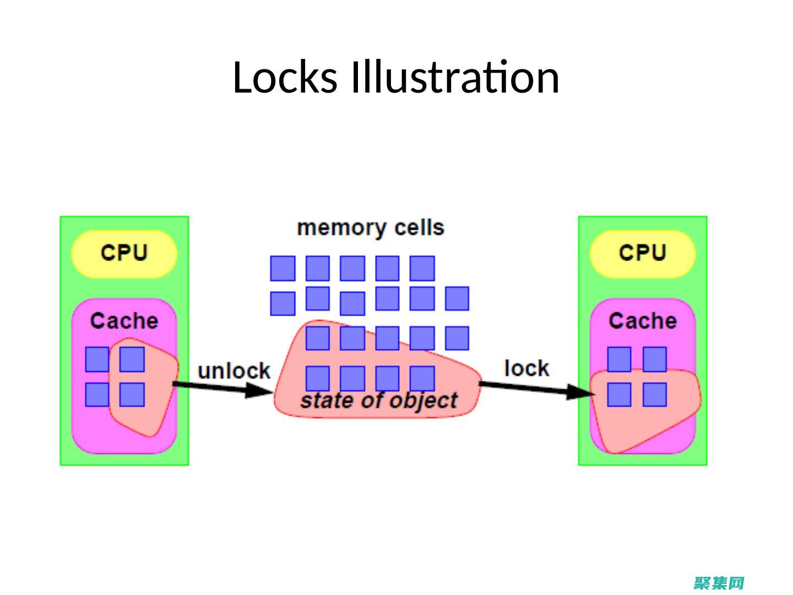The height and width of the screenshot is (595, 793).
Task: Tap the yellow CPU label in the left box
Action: [x=124, y=253]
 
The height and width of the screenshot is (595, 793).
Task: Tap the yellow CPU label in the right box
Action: [x=643, y=253]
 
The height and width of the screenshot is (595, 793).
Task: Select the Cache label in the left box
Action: [x=124, y=321]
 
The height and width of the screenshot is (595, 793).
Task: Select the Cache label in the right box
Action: [x=643, y=321]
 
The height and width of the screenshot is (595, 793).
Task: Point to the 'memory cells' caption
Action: [x=370, y=228]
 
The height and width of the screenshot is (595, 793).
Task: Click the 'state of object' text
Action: [x=379, y=401]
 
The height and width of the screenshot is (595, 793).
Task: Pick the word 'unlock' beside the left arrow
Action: [x=234, y=371]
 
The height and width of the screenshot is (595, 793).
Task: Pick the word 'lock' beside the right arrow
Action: [x=526, y=368]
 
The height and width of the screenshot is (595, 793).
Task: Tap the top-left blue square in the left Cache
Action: [x=97, y=359]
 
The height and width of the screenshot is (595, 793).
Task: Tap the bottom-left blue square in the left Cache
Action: [x=97, y=394]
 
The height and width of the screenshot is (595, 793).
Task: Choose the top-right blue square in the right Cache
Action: [x=655, y=359]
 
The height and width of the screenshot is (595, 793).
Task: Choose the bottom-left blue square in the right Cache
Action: [x=619, y=394]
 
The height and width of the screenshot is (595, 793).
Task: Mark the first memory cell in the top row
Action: [x=283, y=268]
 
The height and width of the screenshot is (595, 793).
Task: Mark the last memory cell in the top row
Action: [x=422, y=268]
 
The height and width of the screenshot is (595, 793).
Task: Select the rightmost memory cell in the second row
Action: [x=457, y=299]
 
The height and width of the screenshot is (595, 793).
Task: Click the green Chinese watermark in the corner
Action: [x=719, y=583]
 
